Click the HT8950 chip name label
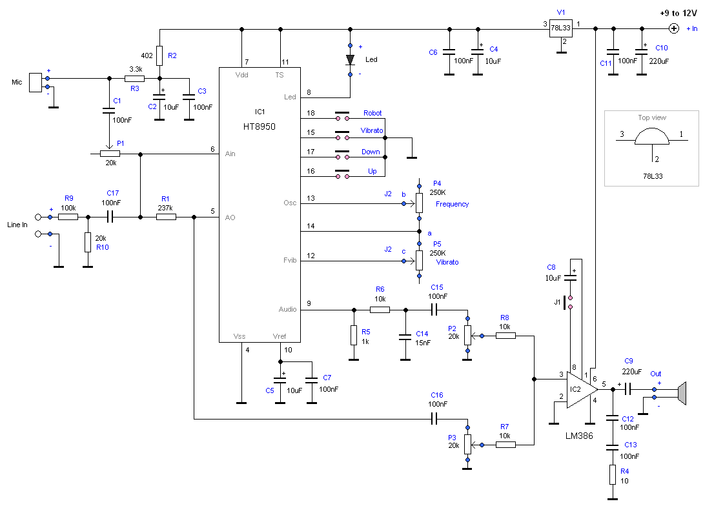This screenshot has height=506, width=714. pos(259,126)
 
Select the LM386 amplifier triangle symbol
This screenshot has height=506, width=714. pos(582,390)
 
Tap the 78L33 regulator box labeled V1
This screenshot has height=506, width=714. pos(560,28)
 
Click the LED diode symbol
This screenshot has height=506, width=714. pos(350,59)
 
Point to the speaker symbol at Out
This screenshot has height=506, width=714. pos(682,394)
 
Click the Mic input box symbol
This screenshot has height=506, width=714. pos(36,83)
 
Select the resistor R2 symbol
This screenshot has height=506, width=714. pos(159,56)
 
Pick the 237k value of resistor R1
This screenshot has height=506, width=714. pos(165,208)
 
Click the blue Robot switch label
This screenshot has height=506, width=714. pos(372,113)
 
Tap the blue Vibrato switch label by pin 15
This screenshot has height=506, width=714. pos(372,130)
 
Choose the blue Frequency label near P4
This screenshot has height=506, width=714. pos(452,204)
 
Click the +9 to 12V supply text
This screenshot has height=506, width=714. pos(678,13)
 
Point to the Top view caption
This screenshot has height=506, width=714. pos(652,117)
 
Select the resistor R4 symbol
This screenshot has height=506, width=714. pos(613,474)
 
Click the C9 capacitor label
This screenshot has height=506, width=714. pos(628,361)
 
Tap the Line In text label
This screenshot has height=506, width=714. pos(17,225)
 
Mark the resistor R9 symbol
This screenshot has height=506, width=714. pos(68,218)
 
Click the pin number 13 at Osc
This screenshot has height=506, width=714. pos(311,198)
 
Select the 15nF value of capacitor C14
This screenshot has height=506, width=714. pos(423,343)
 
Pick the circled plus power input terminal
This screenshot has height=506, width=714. pos(674,28)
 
